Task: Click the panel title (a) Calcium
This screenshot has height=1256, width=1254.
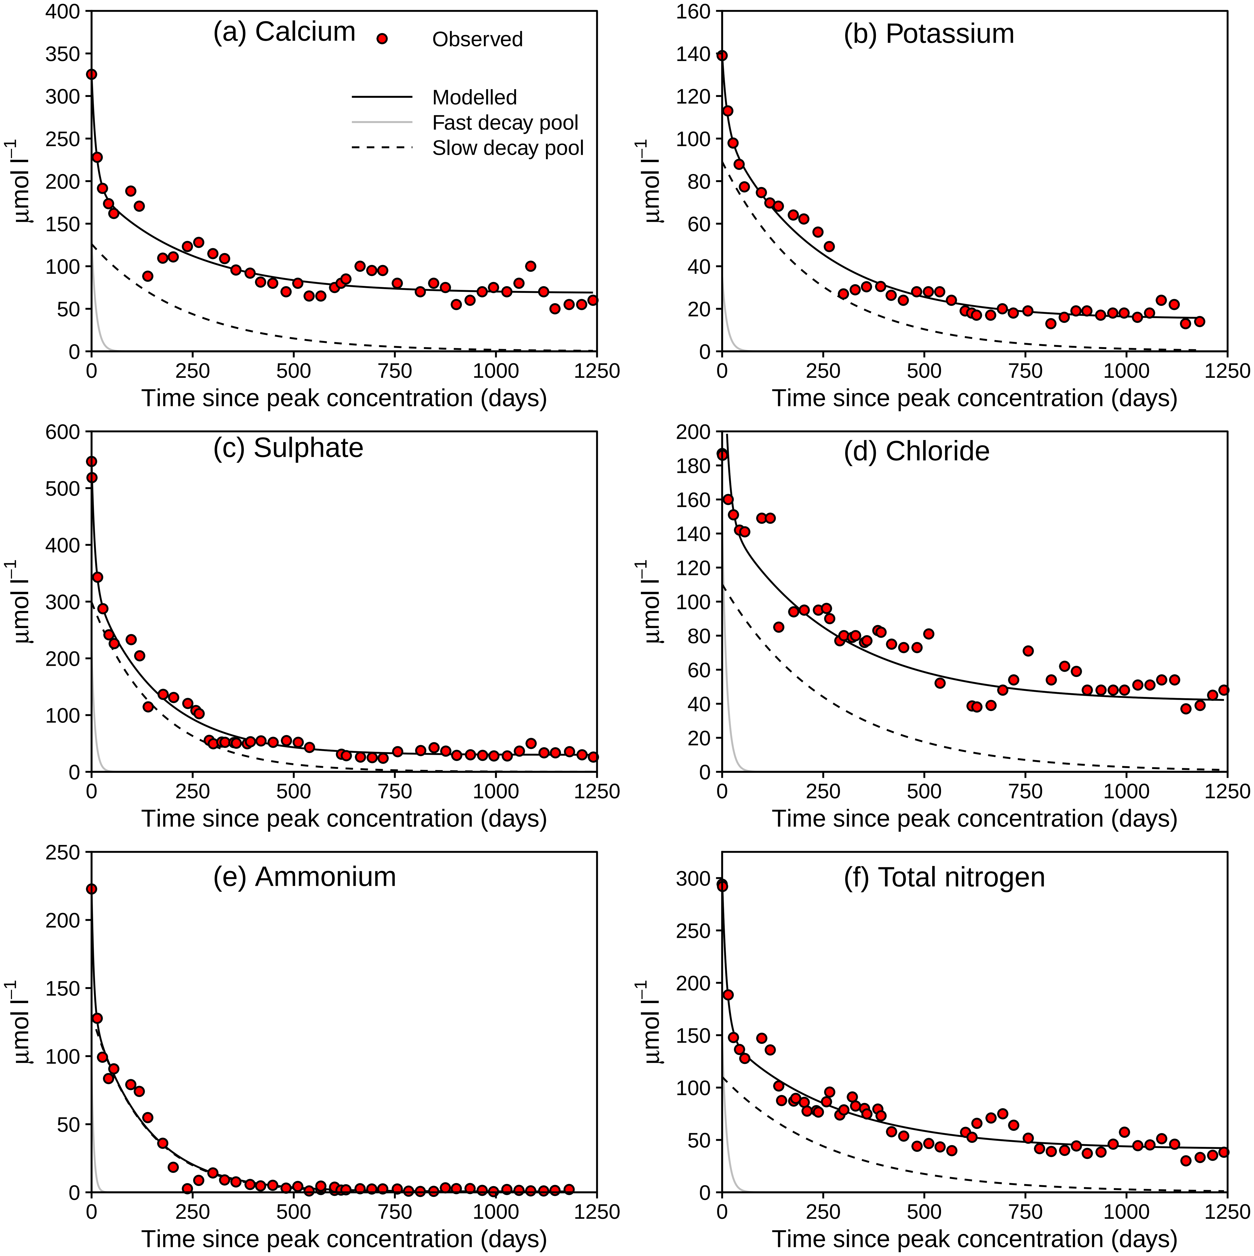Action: tap(284, 32)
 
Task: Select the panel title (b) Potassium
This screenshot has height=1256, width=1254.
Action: tap(928, 34)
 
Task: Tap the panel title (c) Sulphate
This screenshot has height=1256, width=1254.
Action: tap(288, 448)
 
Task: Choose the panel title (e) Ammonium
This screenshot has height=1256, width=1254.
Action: tap(304, 877)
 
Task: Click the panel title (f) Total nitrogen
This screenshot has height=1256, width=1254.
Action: tap(944, 877)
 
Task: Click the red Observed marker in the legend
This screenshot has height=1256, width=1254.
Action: tap(382, 39)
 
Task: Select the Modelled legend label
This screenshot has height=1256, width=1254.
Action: tap(475, 98)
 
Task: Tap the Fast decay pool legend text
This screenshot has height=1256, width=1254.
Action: tap(505, 123)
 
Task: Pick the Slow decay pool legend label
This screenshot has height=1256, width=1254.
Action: tap(508, 148)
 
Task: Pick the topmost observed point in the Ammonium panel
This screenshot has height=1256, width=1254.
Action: tap(92, 889)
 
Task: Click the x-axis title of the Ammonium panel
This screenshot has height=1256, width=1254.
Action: tap(344, 1238)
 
